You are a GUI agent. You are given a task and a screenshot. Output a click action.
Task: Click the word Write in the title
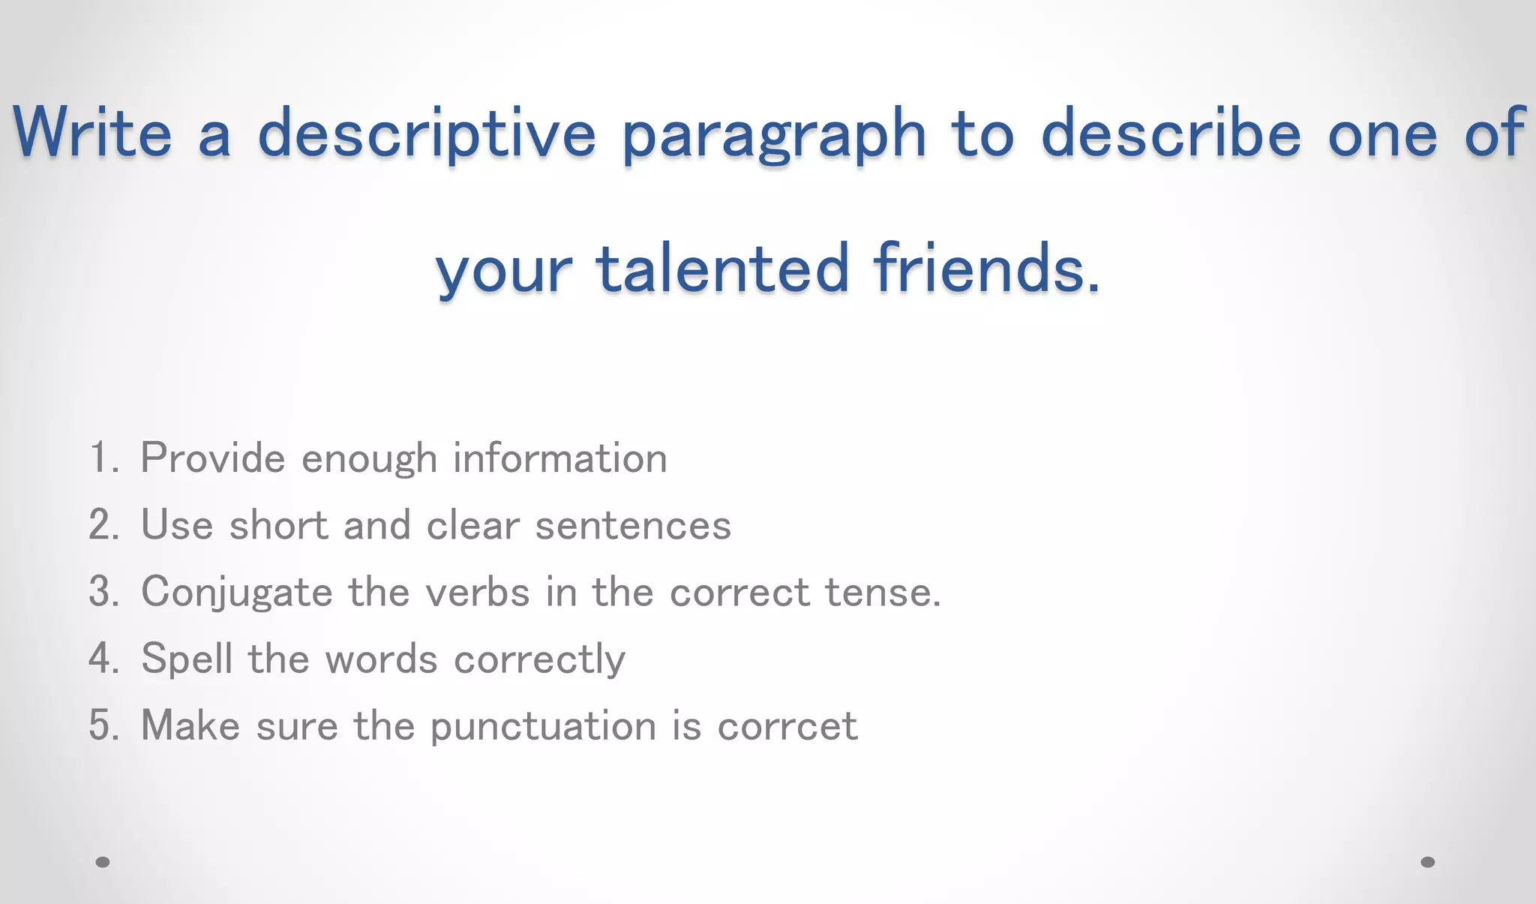(x=92, y=133)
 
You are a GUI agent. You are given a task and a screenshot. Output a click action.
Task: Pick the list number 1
(x=103, y=458)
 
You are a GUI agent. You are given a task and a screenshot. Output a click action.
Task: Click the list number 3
(x=103, y=591)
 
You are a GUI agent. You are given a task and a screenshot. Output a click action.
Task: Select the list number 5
(x=103, y=725)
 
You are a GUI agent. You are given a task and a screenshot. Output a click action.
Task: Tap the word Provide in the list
(x=213, y=458)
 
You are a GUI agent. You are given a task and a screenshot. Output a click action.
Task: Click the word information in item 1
(x=559, y=458)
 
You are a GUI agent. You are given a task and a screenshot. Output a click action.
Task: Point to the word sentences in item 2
(x=633, y=524)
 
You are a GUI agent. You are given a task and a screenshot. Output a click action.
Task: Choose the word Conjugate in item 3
(x=237, y=593)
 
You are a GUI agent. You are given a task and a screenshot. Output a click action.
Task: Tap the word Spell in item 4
(x=187, y=659)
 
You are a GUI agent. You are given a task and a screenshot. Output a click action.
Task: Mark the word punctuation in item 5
(x=543, y=726)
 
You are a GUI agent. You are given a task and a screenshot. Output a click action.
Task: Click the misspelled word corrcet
(x=787, y=726)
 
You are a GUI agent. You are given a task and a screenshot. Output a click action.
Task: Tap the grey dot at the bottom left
(x=103, y=862)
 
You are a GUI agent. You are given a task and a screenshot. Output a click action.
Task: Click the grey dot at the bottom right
(x=1427, y=862)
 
